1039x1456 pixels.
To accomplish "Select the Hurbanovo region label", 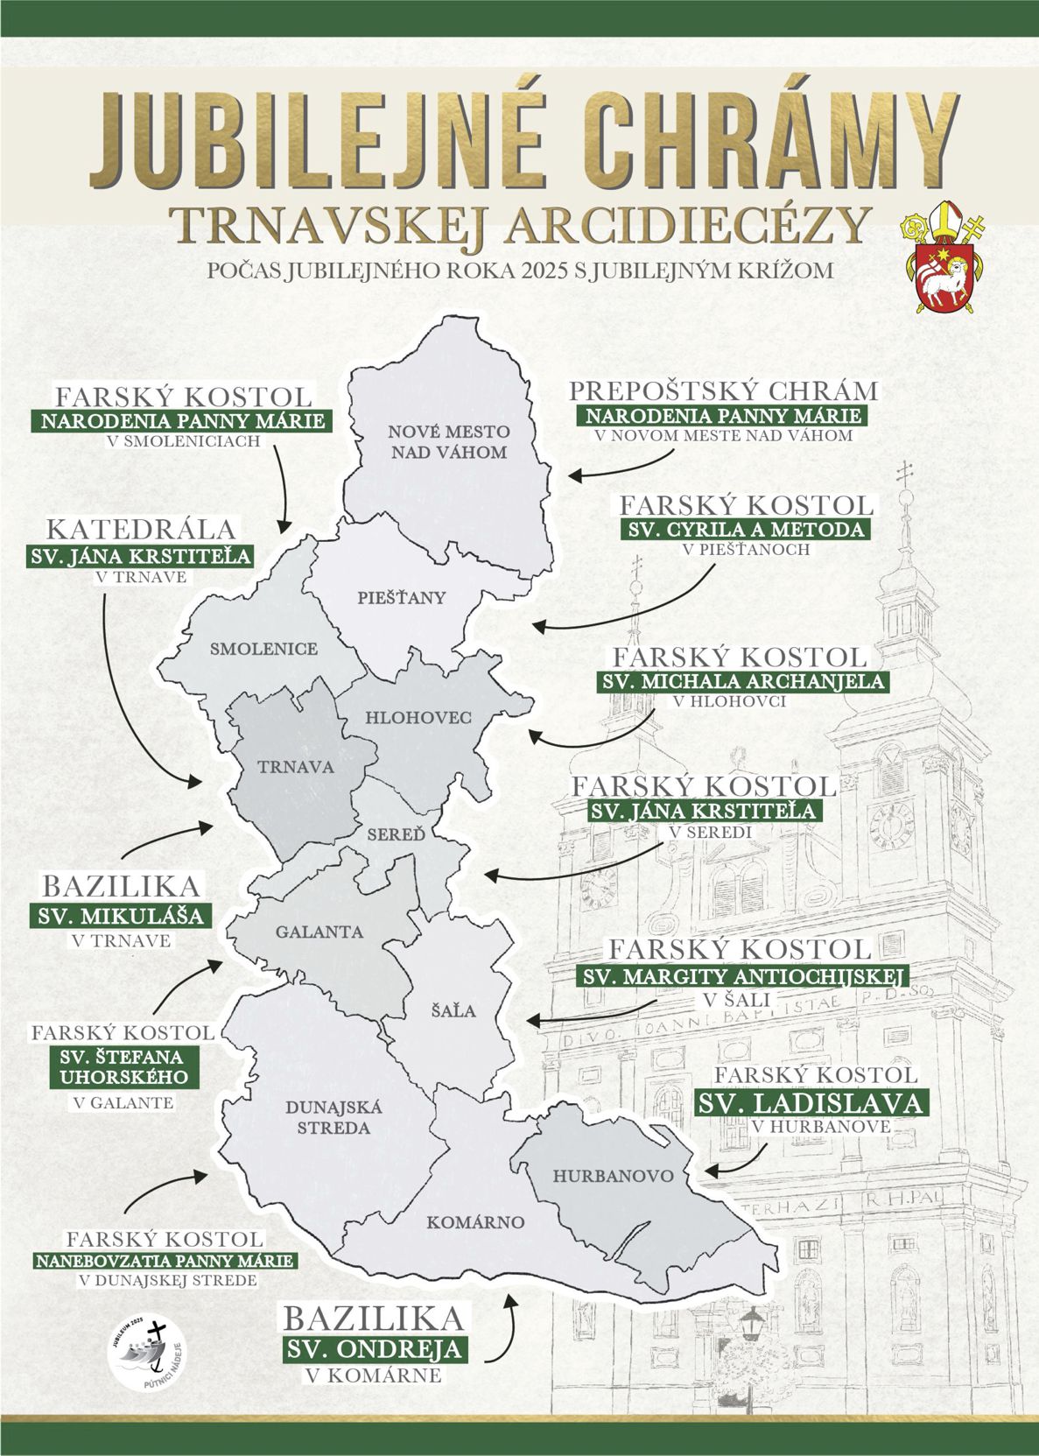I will pos(614,1176).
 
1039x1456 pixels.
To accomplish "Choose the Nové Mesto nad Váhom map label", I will pos(449,442).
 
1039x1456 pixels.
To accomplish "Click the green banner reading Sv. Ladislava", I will pos(810,1102).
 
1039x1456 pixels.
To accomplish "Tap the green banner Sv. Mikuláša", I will pos(121,917).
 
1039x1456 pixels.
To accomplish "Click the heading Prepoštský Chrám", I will pos(723,391).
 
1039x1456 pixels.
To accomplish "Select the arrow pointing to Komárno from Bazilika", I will pos(501,1330).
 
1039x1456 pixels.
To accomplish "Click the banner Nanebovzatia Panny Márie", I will pos(165,1262).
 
